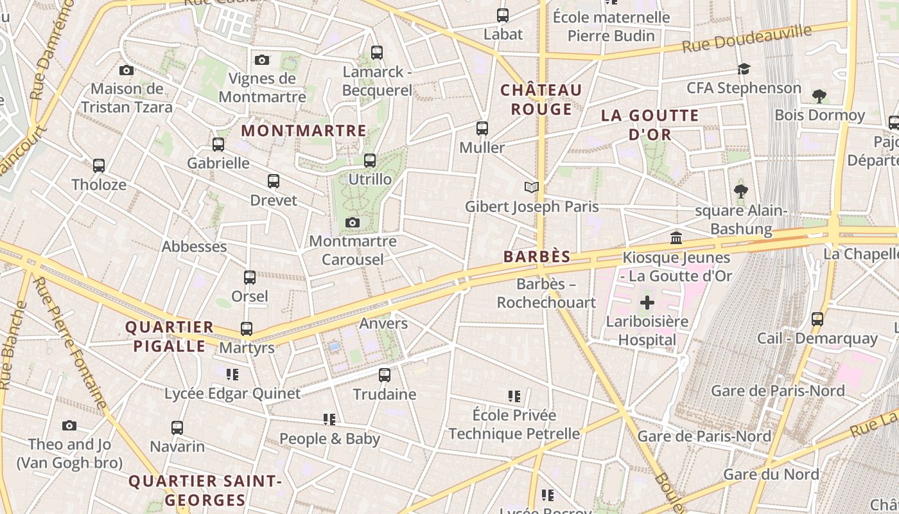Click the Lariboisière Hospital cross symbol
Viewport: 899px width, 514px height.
pyautogui.click(x=647, y=303)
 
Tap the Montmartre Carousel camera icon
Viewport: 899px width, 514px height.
pyautogui.click(x=352, y=223)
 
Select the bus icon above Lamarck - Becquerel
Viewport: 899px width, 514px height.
pyautogui.click(x=377, y=53)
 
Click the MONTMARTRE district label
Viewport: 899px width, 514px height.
pyautogui.click(x=304, y=131)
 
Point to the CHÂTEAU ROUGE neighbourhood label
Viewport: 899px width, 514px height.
pyautogui.click(x=541, y=100)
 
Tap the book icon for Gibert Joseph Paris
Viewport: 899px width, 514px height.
pyautogui.click(x=531, y=188)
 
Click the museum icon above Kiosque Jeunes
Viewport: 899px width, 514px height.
pyautogui.click(x=676, y=239)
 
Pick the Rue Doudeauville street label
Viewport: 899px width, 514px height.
pyautogui.click(x=747, y=39)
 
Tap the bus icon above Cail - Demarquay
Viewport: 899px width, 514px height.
pyautogui.click(x=817, y=319)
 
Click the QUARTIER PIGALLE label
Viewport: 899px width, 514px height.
pyautogui.click(x=169, y=337)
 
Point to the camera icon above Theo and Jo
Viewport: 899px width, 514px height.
pyautogui.click(x=69, y=426)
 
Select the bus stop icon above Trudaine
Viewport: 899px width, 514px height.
pyautogui.click(x=385, y=375)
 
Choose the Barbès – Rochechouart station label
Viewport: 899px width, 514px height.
pyautogui.click(x=546, y=293)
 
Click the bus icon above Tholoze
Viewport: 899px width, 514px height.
pyautogui.click(x=99, y=166)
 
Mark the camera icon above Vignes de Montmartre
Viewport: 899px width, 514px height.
pyautogui.click(x=262, y=60)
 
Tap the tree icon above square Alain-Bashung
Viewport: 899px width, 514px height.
pyautogui.click(x=740, y=191)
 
